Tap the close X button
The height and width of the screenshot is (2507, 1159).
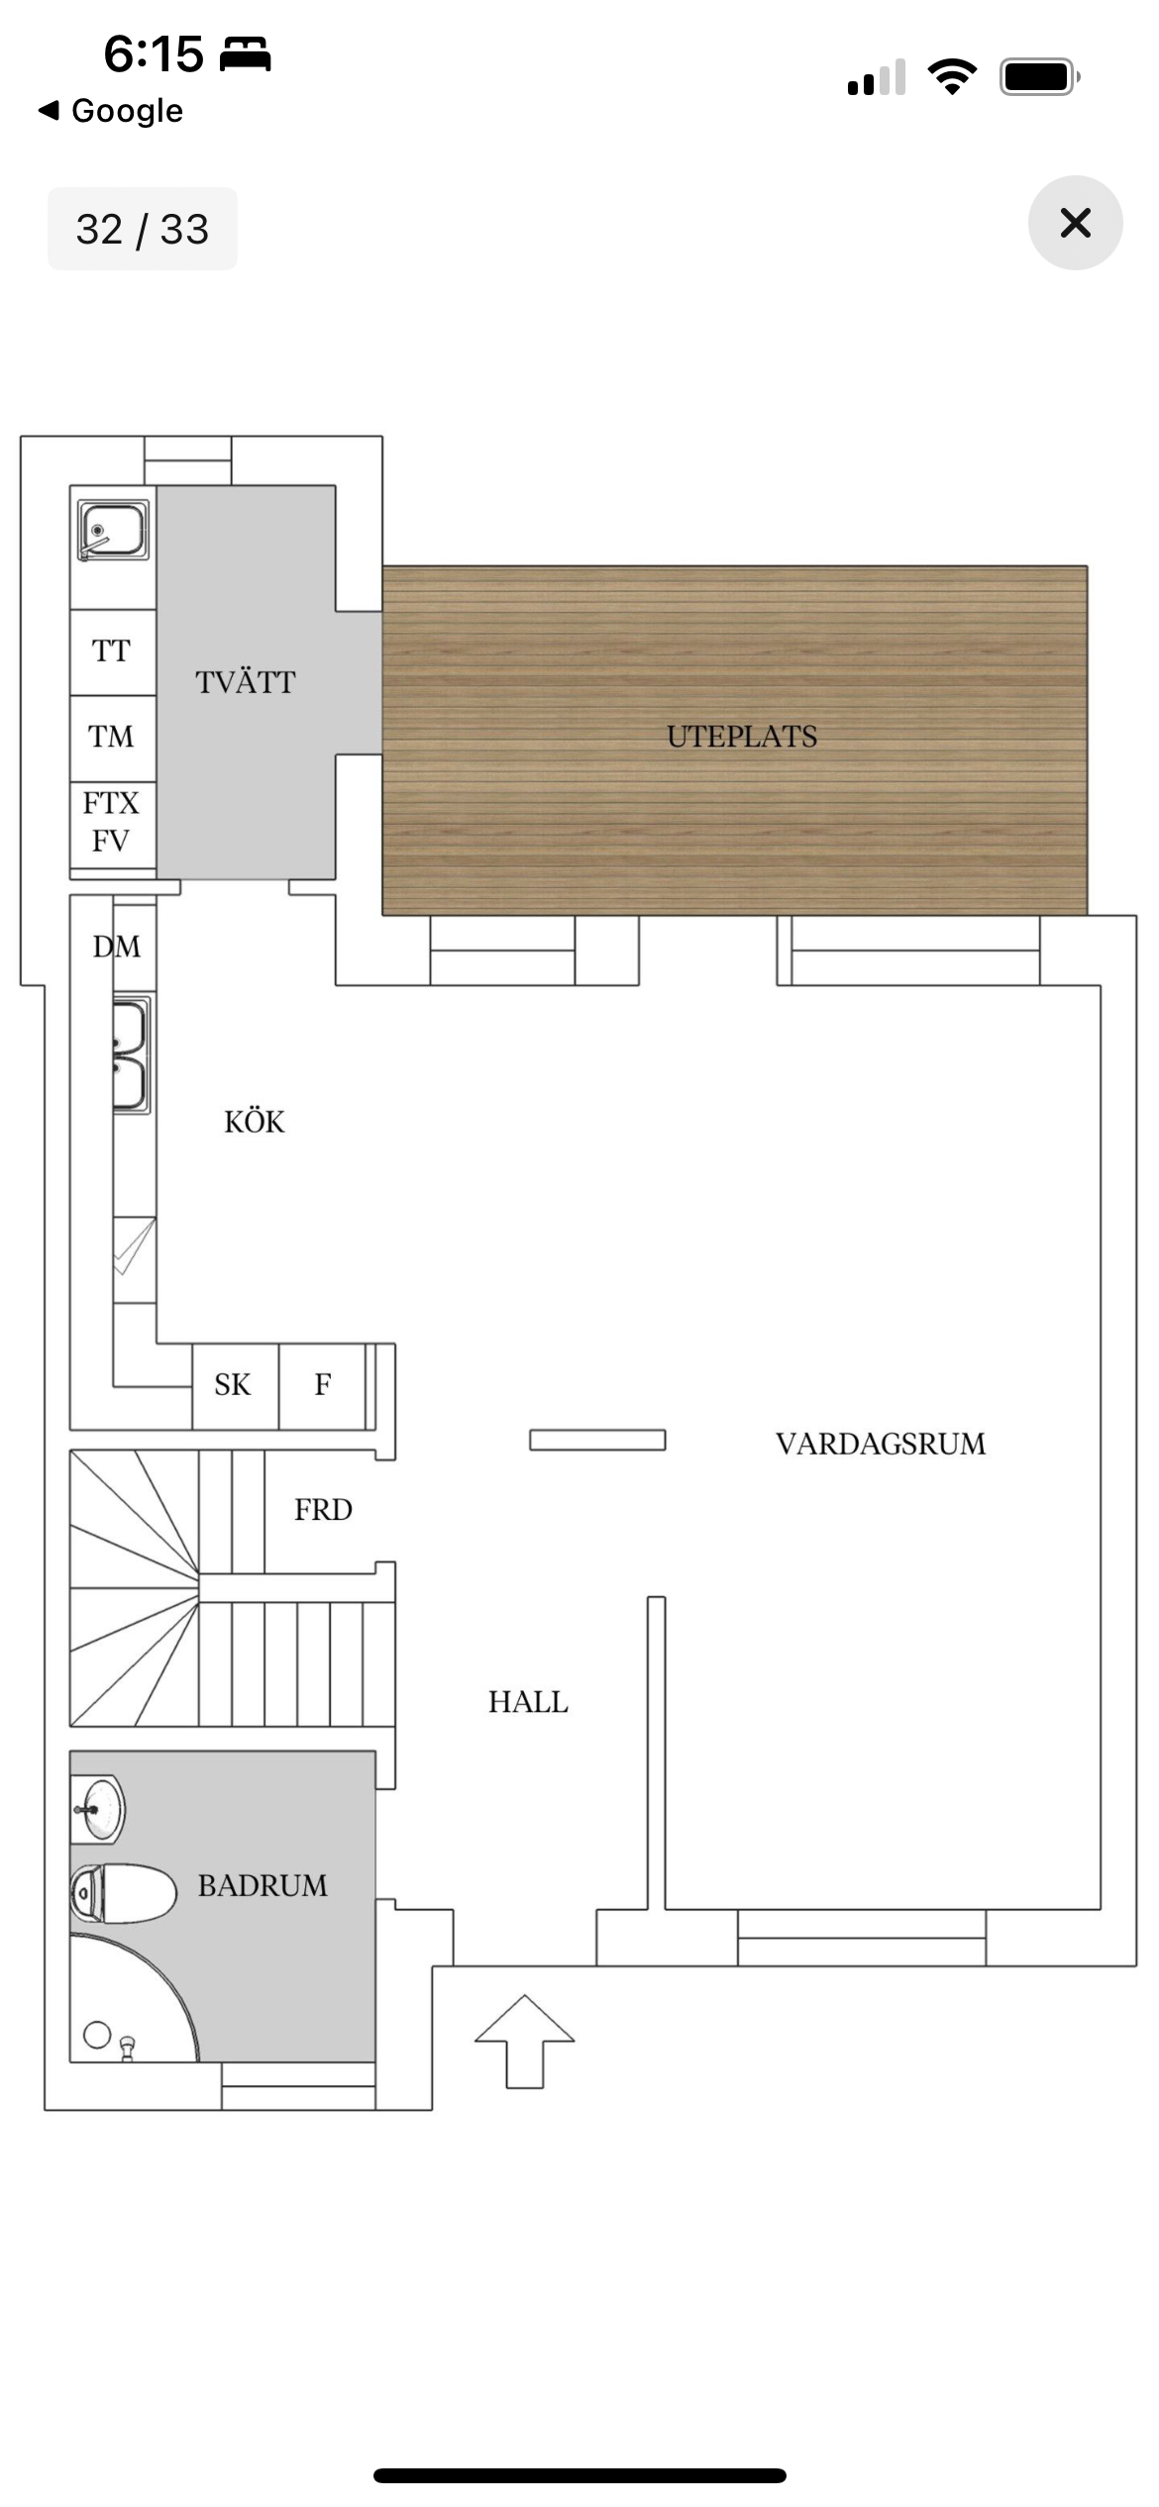pos(1075,223)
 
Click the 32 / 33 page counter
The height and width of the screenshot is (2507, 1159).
pos(143,229)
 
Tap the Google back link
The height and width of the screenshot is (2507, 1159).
pos(111,110)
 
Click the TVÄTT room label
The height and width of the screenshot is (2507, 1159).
pos(245,682)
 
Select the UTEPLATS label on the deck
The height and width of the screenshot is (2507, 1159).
pos(742,737)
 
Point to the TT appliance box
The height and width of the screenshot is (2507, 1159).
pos(112,652)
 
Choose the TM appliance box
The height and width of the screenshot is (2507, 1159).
pos(112,738)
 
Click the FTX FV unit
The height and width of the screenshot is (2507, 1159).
pos(112,824)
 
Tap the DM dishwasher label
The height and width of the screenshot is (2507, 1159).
pos(117,947)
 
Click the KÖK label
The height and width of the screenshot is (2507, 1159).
pos(255,1122)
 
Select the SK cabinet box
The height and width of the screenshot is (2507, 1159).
pos(235,1385)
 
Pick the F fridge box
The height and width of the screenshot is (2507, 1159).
pos(322,1385)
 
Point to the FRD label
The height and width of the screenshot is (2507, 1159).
pos(323,1510)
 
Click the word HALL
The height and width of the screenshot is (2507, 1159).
pos(528,1702)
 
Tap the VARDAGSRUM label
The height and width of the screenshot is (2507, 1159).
pos(881,1444)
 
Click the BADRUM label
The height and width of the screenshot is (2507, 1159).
pos(263,1885)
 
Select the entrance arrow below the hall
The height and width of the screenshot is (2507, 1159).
pos(524,2043)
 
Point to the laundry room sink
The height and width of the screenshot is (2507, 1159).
pos(113,530)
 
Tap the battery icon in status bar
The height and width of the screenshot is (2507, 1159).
pos(1039,77)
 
